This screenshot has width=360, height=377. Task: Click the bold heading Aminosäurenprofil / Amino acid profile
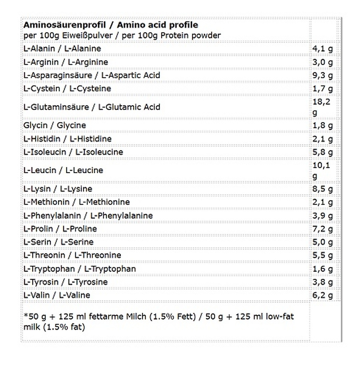point(111,25)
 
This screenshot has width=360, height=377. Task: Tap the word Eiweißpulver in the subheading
point(87,35)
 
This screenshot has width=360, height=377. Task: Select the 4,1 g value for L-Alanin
point(322,49)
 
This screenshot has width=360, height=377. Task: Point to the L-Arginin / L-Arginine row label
point(66,62)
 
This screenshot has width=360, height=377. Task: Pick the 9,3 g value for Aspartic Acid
point(322,75)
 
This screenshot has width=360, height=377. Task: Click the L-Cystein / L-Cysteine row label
point(67,89)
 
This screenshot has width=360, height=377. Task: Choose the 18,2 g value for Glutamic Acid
point(321,107)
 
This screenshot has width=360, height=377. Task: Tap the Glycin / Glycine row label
point(55,125)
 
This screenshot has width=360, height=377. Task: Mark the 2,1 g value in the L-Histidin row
point(322,139)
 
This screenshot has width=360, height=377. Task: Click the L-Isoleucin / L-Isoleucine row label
point(73,152)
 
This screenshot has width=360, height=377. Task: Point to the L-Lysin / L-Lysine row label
point(58,189)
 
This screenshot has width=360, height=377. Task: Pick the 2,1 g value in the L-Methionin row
point(322,202)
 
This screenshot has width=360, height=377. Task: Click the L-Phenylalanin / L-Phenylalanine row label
point(88,216)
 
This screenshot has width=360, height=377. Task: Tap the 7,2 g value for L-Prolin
point(322,229)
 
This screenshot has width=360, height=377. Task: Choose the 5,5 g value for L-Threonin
point(322,255)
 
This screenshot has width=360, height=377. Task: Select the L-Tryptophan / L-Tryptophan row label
point(79,269)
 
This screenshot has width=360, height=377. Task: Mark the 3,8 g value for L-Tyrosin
point(322,282)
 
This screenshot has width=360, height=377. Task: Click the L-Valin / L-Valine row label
point(57,295)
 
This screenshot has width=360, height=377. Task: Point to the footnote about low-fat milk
point(158,321)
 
